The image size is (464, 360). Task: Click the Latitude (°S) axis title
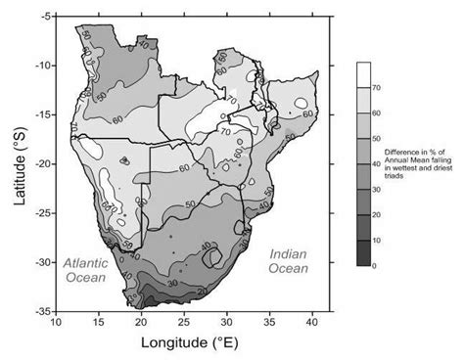coord(19,164)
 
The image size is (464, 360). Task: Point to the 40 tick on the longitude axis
coord(312,321)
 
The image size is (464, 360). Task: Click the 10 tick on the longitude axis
coord(56,321)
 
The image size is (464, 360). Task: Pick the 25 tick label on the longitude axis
coord(183,321)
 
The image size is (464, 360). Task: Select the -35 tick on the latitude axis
coord(41,309)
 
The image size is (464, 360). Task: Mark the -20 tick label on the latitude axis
coord(41,164)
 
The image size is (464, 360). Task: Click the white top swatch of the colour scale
coord(362,74)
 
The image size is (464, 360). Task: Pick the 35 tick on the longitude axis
coord(269,321)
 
